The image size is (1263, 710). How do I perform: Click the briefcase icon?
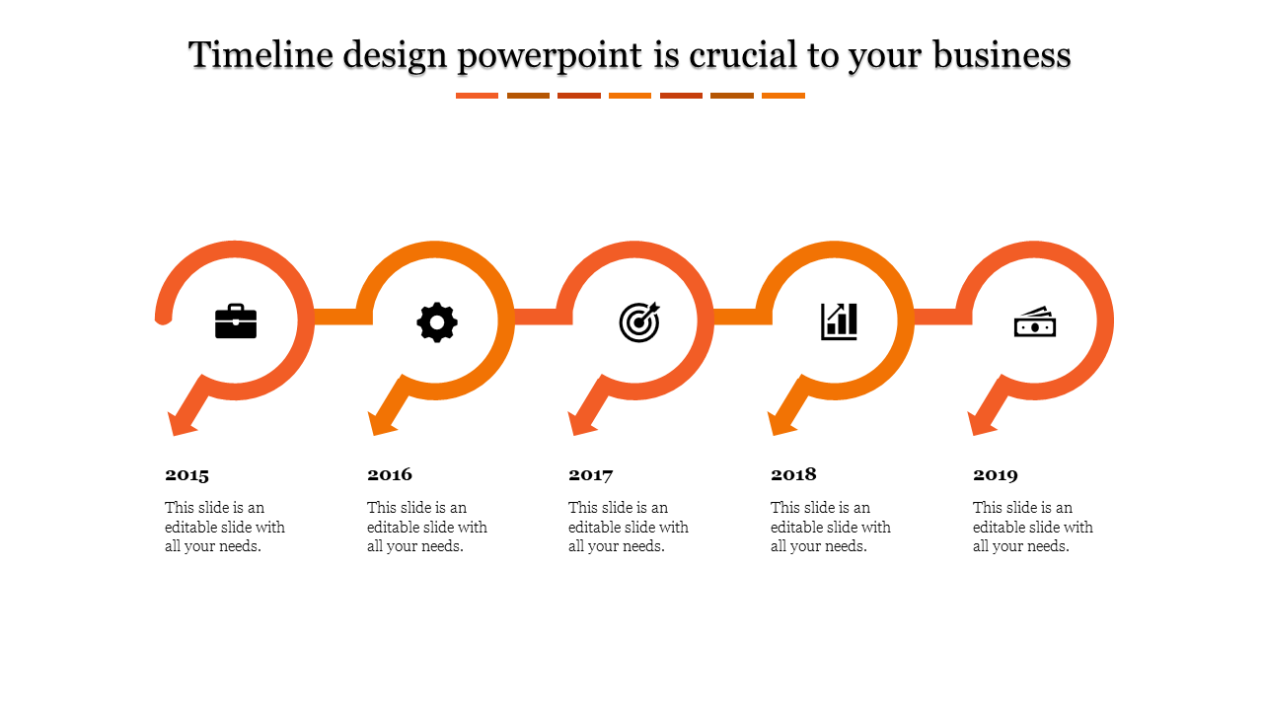coord(236,321)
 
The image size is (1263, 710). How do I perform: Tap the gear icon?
coord(437,322)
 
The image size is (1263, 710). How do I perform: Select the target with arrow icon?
coord(639,321)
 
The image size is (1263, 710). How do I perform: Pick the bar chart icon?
coord(839,321)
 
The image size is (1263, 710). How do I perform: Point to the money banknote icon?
coord(1035,322)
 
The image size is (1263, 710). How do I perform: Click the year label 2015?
coord(187,475)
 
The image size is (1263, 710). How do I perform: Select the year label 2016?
coord(390,475)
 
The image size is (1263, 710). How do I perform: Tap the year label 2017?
coord(591,475)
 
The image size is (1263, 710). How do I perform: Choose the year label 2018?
coord(793,475)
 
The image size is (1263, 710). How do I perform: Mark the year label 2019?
coord(996,475)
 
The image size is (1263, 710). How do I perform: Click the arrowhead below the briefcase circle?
coord(183,421)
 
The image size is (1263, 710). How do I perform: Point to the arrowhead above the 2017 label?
coord(583,421)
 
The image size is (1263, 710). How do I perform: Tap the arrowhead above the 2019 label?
coord(983,421)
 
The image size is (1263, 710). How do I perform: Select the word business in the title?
coord(1002,55)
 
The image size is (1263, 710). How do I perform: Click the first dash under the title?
coord(477,96)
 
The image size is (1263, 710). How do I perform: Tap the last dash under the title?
coord(783,96)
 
